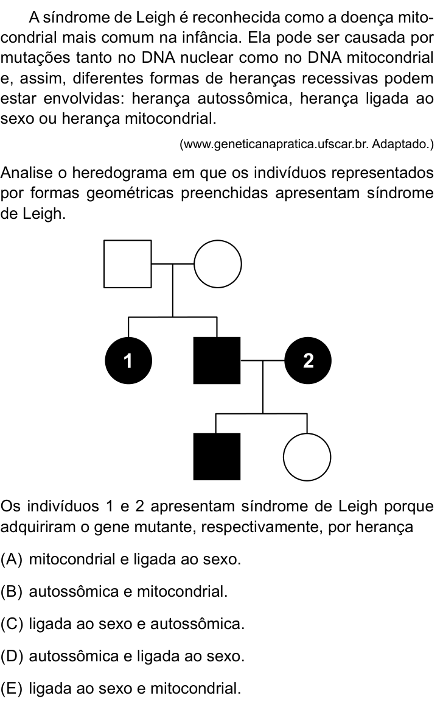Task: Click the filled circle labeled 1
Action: [128, 360]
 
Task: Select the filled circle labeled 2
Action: [307, 360]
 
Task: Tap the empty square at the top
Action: [127, 263]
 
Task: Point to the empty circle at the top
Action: [218, 263]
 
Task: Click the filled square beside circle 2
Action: [217, 360]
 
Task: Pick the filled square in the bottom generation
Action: [217, 457]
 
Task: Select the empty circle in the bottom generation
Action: [307, 457]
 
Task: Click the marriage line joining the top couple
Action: [173, 264]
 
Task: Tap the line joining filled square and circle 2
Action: [262, 360]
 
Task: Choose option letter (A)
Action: [12, 560]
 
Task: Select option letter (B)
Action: [12, 592]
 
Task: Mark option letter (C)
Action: [12, 624]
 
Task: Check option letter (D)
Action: [12, 656]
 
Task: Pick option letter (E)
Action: [12, 688]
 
